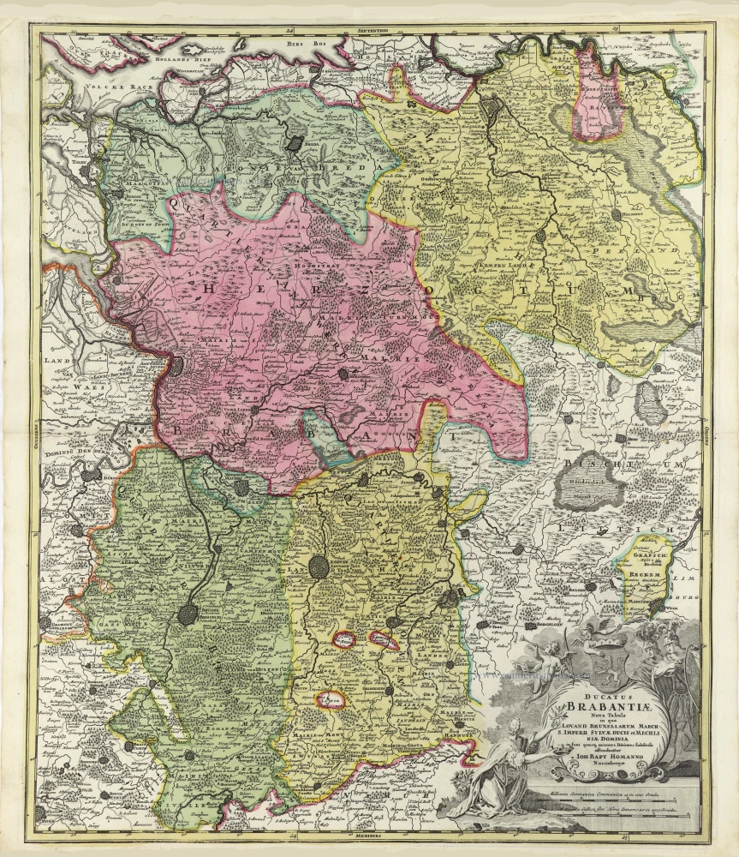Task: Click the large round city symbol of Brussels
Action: pyautogui.click(x=189, y=614)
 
